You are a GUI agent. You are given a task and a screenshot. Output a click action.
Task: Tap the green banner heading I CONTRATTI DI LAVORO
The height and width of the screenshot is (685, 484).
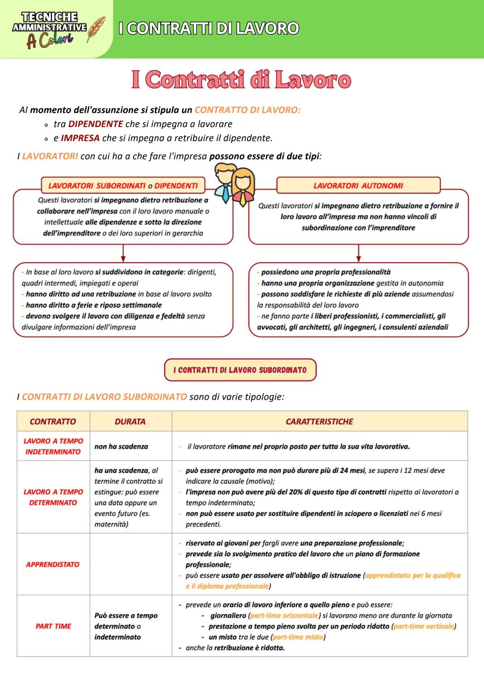point(209,28)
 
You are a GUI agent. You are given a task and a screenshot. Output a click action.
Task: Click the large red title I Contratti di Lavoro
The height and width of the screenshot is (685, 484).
point(241,80)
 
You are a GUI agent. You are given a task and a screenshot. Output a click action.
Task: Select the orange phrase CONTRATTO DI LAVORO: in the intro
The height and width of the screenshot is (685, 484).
point(247,110)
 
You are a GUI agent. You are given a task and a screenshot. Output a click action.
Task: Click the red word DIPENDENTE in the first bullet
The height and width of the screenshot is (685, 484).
point(95,124)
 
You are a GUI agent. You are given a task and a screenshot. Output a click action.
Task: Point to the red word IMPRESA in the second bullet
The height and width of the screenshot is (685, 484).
point(80,138)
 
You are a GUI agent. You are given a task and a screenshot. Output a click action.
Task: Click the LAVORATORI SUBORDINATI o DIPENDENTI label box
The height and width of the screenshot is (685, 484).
point(123,186)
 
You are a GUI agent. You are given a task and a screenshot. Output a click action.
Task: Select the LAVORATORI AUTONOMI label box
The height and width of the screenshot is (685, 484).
point(358,186)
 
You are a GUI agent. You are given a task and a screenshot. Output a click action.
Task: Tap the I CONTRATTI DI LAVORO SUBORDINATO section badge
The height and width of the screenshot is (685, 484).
point(240,370)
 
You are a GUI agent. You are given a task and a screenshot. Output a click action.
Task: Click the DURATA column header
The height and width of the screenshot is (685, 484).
point(130,422)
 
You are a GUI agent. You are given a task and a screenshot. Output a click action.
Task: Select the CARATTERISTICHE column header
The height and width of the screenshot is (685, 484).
point(319,422)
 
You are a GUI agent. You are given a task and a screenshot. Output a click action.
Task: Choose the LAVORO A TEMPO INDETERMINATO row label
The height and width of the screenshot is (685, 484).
point(53,446)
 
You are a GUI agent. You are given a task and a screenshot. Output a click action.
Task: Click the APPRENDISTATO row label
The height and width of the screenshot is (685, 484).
point(52,564)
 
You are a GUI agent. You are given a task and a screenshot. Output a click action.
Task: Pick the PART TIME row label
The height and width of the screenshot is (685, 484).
point(53,626)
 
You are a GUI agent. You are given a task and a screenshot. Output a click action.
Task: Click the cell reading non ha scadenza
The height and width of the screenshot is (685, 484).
point(121,447)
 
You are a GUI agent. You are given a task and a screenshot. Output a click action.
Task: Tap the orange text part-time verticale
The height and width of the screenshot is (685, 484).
point(423,626)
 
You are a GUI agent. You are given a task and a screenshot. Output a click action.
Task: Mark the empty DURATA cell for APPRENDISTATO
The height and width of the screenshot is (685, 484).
point(130,564)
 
